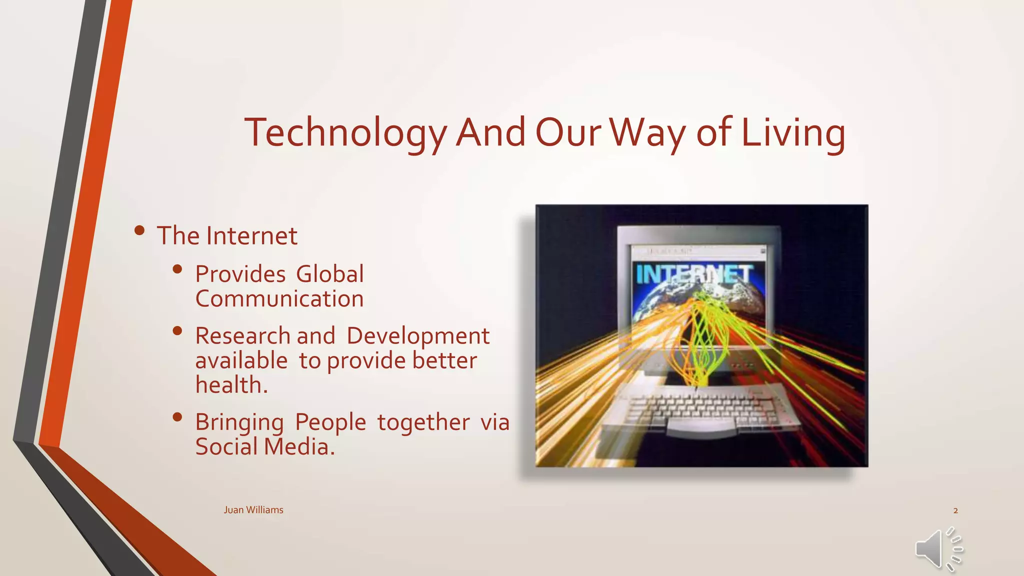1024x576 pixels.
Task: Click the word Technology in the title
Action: [x=345, y=133]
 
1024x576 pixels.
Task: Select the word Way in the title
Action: [x=648, y=133]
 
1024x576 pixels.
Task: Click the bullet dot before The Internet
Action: [x=139, y=230]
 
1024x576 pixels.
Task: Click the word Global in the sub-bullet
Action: [x=330, y=274]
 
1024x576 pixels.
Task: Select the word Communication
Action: [x=279, y=299]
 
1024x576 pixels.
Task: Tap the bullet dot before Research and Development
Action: [x=177, y=330]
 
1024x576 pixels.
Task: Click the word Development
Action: [x=418, y=336]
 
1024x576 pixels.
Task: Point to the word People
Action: [x=330, y=422]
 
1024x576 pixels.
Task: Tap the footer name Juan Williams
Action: [x=253, y=510]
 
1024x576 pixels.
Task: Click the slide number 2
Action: [x=955, y=510]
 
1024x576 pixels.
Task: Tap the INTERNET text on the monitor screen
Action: [x=694, y=274]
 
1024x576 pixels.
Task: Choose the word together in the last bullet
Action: [x=423, y=422]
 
